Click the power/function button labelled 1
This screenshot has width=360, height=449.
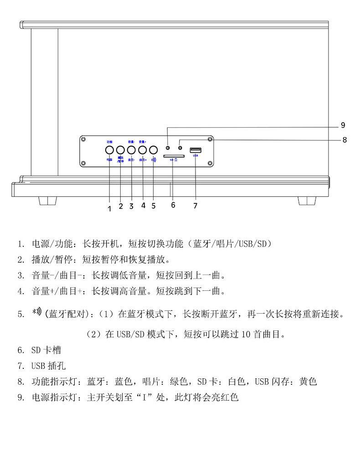click(x=109, y=150)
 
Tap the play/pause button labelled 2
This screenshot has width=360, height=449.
click(x=120, y=150)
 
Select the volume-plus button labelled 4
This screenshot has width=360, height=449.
click(x=143, y=150)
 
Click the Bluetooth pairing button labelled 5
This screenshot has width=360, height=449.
click(x=154, y=150)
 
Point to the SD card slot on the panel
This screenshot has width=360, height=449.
click(x=173, y=155)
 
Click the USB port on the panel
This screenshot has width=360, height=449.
click(x=195, y=150)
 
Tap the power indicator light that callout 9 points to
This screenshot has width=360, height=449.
click(x=168, y=148)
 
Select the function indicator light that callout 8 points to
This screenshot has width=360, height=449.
click(x=180, y=148)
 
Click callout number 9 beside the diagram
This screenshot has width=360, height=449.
click(x=343, y=125)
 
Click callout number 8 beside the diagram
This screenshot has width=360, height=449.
click(x=345, y=140)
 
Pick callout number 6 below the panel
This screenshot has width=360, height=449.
click(x=173, y=205)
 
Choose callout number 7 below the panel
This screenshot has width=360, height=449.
click(x=195, y=206)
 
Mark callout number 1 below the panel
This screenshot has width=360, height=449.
click(x=109, y=208)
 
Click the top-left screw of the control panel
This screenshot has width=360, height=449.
click(x=84, y=139)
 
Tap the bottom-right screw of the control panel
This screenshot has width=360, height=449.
click(x=209, y=164)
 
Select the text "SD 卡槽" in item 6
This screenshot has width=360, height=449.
click(x=46, y=350)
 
